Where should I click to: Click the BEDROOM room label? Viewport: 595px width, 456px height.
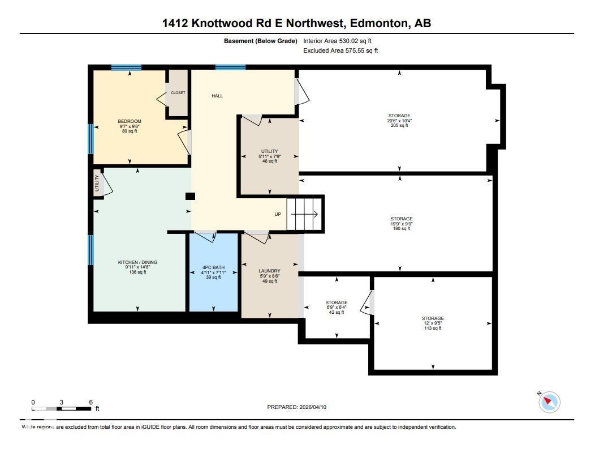pos(130,121)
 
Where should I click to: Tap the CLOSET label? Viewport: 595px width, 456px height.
pos(178,93)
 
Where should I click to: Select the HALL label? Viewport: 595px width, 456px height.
pos(217,96)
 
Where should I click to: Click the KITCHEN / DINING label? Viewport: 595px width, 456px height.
pos(137,262)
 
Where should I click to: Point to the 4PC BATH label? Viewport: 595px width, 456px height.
pos(213,267)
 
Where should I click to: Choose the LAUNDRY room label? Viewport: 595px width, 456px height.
pos(269,271)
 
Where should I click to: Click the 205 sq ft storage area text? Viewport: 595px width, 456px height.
pos(399,125)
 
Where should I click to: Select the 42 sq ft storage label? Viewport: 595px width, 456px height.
pos(337,312)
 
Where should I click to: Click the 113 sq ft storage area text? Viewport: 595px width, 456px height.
pos(433,328)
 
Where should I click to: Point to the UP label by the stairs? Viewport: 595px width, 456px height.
pos(278,214)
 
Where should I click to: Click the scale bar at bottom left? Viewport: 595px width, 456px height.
pos(62,408)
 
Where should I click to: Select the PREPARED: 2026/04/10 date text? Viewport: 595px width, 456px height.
pos(297,407)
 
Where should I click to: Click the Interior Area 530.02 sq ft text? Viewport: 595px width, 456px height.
pos(337,41)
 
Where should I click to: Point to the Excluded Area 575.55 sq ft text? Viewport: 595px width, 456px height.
pos(340,50)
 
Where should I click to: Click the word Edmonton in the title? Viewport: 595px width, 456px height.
pos(378,23)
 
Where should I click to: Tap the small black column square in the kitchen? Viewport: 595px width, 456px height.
pos(191,196)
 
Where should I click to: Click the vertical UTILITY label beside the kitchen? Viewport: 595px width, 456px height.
pos(97,184)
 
